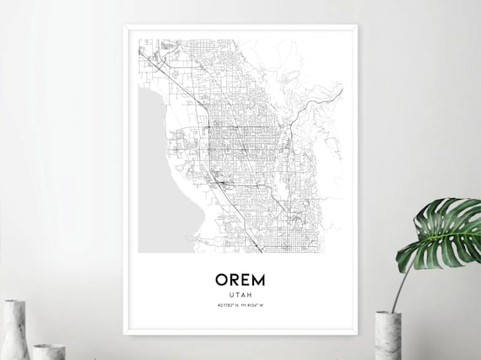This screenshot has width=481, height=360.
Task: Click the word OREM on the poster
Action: [x=240, y=279]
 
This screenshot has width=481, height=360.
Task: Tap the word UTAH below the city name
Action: [x=240, y=294]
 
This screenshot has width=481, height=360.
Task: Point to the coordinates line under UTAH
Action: [x=240, y=305]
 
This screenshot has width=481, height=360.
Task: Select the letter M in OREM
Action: [x=258, y=279]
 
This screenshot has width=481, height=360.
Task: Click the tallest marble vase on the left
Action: [x=14, y=330]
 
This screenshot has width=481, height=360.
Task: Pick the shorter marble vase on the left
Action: [x=48, y=351]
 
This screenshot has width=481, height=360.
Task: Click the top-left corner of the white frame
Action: [x=124, y=25]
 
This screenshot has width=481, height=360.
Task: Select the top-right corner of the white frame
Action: [x=357, y=25]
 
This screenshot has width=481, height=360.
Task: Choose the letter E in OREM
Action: [x=246, y=279]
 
